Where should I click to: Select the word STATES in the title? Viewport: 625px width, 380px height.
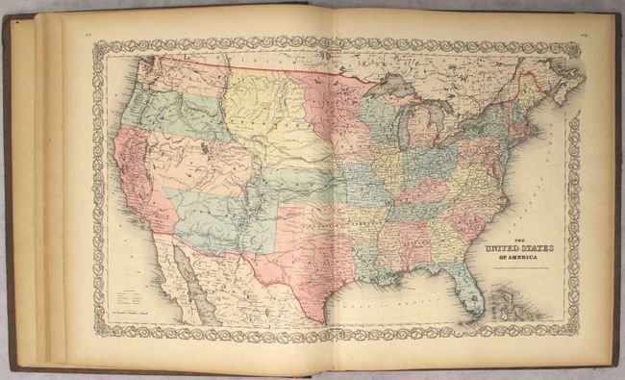pos(539,246)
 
